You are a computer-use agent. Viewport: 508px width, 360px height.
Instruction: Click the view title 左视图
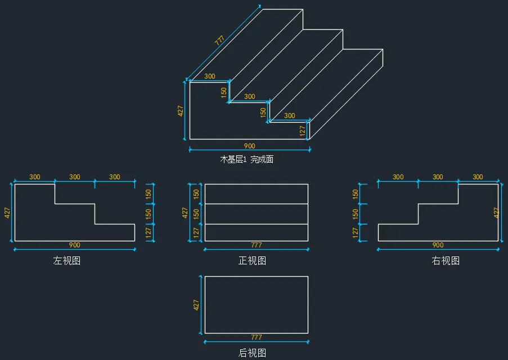point(67,260)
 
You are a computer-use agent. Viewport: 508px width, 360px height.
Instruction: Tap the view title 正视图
point(253,260)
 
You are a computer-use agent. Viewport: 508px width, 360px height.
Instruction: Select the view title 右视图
point(446,260)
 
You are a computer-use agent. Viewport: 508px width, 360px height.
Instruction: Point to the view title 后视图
point(253,353)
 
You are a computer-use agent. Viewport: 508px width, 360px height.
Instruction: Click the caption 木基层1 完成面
point(247,159)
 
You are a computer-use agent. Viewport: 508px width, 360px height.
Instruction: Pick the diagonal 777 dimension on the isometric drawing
point(219,40)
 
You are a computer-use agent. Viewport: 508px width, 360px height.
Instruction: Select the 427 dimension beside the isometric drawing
point(181,111)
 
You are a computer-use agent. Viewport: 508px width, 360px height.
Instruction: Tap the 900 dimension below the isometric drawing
point(249,146)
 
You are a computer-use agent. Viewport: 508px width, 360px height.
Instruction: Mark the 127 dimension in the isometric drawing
point(302,130)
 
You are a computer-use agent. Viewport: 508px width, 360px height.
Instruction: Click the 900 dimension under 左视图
point(74,245)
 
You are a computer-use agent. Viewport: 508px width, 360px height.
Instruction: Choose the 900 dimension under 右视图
point(438,245)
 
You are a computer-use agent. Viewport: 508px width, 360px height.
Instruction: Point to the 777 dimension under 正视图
point(257,245)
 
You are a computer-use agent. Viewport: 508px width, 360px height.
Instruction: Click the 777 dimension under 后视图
point(257,337)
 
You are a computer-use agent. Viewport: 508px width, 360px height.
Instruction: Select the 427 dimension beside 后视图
point(196,305)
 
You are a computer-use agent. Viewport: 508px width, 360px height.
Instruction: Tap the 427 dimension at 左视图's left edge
point(7,213)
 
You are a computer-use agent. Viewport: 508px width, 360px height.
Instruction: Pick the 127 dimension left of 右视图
point(356,232)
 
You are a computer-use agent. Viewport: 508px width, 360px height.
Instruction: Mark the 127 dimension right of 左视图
point(149,232)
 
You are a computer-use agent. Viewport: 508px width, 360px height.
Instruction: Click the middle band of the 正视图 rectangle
point(257,214)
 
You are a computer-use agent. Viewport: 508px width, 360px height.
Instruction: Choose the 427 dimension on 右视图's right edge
point(496,213)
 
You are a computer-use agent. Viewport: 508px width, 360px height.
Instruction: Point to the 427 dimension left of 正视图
point(185,213)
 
